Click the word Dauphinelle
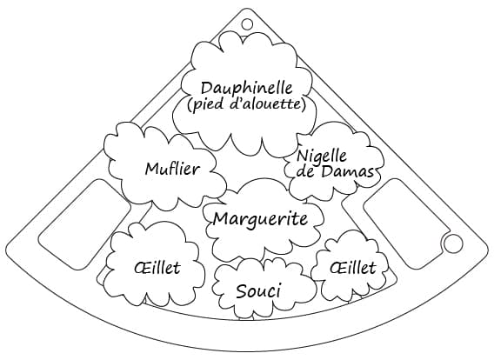247,89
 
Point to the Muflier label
172,170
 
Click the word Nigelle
321,156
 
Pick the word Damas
348,171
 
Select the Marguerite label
260,219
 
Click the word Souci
258,291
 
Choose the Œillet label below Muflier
157,268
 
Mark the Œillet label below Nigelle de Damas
353,268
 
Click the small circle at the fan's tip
247,24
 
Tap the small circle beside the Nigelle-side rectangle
453,243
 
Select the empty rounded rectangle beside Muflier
84,224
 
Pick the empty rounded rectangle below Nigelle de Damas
407,223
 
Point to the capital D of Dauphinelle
207,89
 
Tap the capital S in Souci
241,291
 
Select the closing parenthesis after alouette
304,104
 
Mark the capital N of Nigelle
303,156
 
